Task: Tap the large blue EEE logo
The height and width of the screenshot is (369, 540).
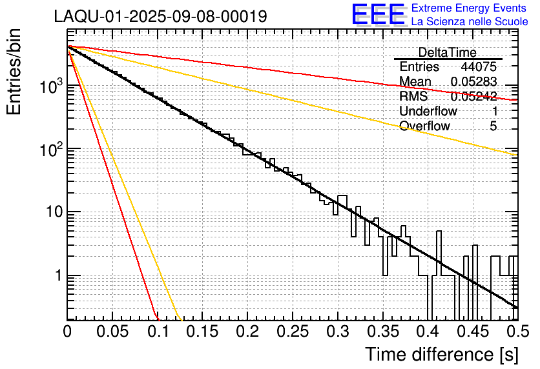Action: [x=378, y=15]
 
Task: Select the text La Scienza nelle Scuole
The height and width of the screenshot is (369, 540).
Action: [x=470, y=21]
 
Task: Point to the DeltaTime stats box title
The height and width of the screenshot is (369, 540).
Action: [x=447, y=52]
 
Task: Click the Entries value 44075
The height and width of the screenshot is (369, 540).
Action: [x=479, y=67]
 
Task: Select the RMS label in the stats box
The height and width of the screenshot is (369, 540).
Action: [x=413, y=97]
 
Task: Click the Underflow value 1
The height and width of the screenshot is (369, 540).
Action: [x=493, y=111]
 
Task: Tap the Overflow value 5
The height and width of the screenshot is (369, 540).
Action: [x=493, y=126]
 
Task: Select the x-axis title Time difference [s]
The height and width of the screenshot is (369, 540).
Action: [x=440, y=355]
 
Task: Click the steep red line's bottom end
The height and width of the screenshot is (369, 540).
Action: [x=157, y=318]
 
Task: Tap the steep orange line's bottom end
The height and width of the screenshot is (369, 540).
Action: [x=181, y=319]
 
